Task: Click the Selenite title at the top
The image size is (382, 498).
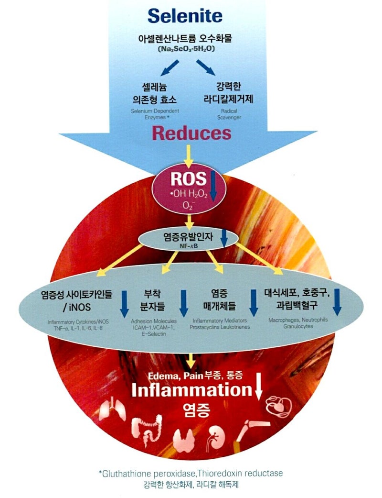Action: pyautogui.click(x=185, y=16)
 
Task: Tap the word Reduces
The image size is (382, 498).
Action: pyautogui.click(x=191, y=133)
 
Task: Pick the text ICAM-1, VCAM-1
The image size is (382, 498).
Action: pyautogui.click(x=154, y=328)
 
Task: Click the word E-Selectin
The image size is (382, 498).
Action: pyautogui.click(x=154, y=334)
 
